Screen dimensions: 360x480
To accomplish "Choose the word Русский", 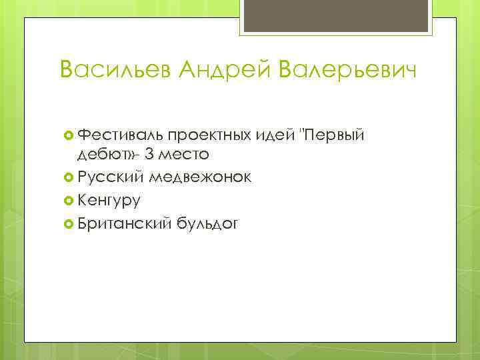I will click(111, 177).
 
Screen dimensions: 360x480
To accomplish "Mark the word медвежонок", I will click(201, 177).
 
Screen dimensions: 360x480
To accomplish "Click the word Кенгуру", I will click(109, 200).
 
